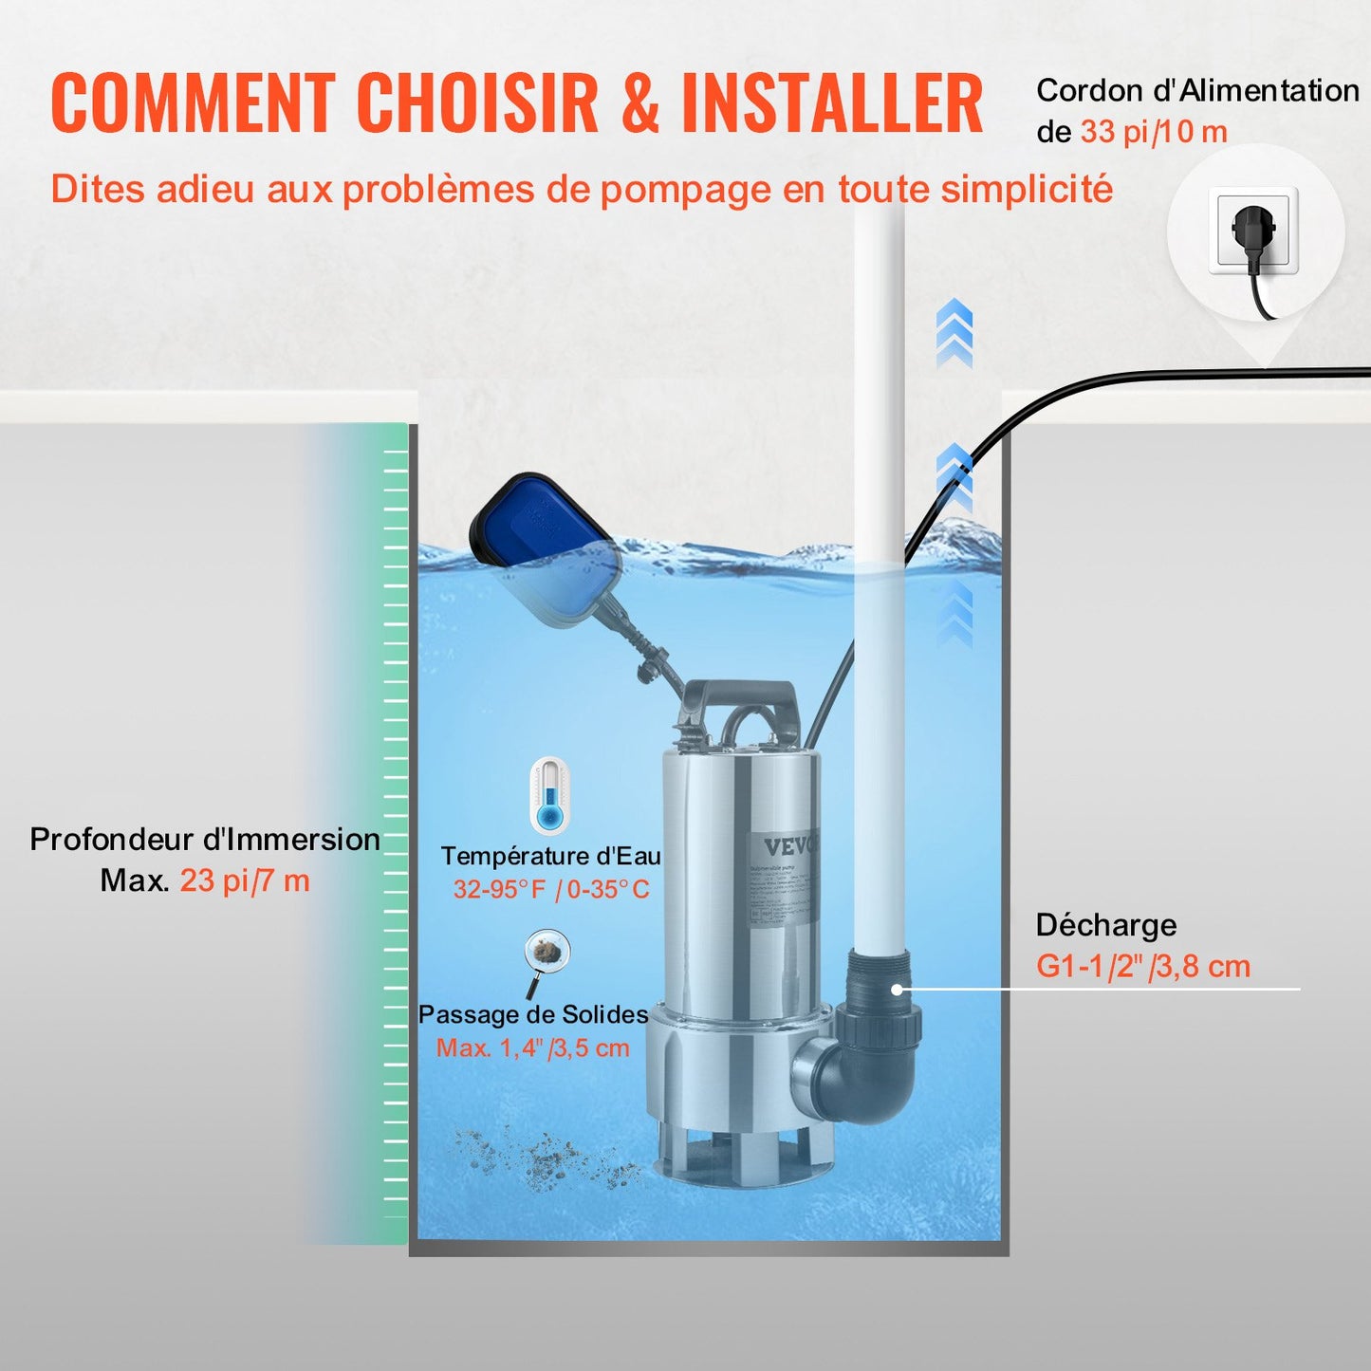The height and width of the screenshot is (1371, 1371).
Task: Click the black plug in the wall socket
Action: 1252,231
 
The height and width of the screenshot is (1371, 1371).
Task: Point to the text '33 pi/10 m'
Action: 1154,132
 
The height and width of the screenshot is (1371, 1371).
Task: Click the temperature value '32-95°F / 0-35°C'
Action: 551,889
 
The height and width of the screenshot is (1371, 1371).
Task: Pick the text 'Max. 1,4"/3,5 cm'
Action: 533,1048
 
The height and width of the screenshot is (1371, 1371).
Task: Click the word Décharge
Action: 1105,925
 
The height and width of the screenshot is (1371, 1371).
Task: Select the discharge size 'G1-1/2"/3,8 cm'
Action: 1143,967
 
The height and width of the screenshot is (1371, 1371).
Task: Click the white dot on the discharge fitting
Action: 897,990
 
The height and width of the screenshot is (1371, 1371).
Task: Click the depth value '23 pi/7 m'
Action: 245,881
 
